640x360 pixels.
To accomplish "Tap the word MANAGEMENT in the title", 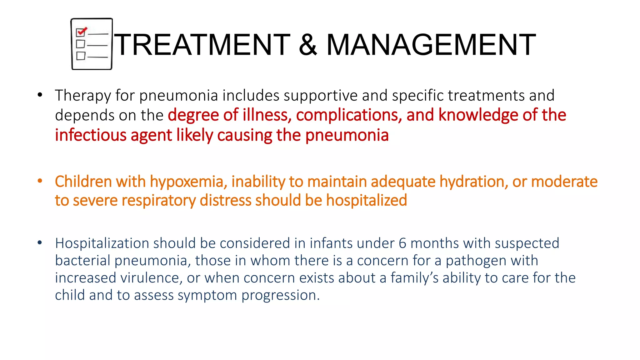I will (431, 45).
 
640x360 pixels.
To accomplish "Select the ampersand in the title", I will (308, 45).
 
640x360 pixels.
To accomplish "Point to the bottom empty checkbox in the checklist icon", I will (81, 56).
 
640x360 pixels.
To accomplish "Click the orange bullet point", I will (40, 181).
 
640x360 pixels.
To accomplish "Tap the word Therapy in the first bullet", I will (83, 95).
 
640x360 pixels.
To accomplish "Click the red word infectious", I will (91, 135).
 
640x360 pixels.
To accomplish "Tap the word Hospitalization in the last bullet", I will (102, 243).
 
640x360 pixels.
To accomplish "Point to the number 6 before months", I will (402, 243).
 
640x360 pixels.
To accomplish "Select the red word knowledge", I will (478, 115).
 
